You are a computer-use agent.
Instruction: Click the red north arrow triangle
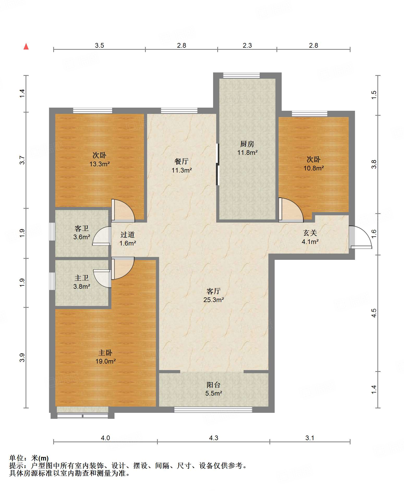[26, 46]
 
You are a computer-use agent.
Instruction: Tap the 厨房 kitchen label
[247, 144]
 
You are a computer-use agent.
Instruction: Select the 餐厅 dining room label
[182, 161]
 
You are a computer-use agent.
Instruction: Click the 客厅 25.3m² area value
[214, 300]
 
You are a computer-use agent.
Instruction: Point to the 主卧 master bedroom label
[105, 353]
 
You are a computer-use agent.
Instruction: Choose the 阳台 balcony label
[214, 385]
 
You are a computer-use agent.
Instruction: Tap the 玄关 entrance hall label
[310, 233]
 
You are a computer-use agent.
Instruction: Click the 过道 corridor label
[128, 235]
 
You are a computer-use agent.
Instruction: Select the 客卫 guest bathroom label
[82, 228]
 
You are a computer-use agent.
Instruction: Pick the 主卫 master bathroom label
[82, 278]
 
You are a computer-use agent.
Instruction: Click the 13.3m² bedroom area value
[100, 164]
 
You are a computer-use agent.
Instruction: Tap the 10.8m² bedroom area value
[313, 168]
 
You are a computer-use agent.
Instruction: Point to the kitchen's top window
[242, 75]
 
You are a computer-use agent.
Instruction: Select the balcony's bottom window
[213, 410]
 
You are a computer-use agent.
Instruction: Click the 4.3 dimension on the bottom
[214, 438]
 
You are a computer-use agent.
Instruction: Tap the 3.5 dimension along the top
[99, 45]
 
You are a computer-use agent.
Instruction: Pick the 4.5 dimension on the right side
[374, 313]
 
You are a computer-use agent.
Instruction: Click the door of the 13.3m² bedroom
[123, 211]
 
